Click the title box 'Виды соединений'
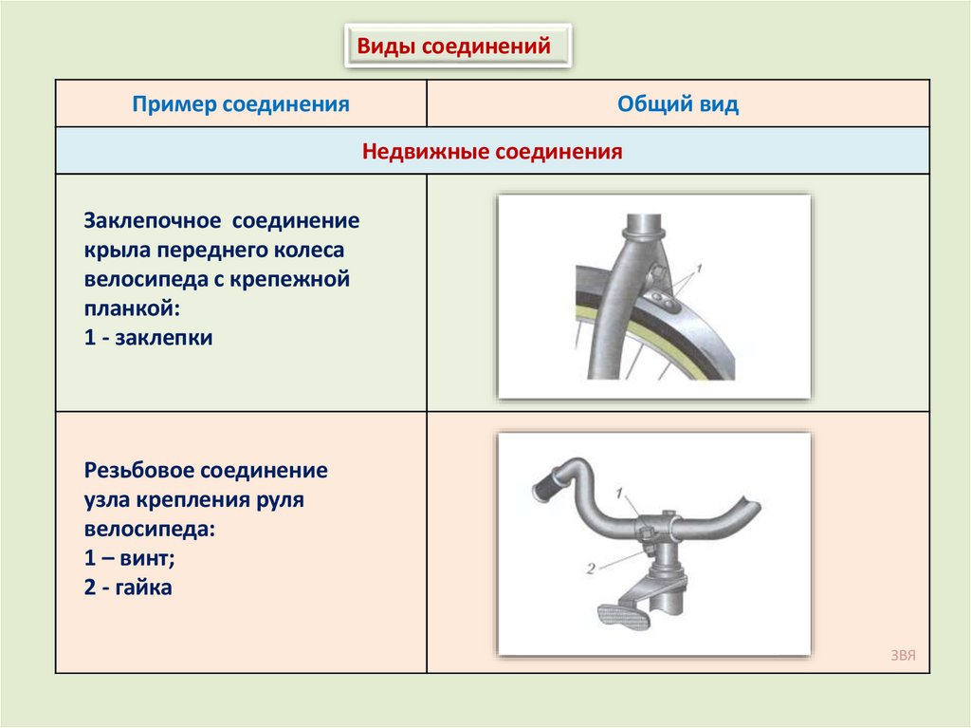tap(457, 46)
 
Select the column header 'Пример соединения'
tap(241, 103)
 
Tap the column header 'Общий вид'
tap(678, 103)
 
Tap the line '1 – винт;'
tap(129, 558)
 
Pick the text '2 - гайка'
tap(128, 588)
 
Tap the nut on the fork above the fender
tap(654, 275)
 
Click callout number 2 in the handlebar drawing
tap(589, 569)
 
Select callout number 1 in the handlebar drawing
tap(618, 493)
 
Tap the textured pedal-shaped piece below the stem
tap(627, 616)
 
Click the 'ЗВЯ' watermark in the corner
tap(903, 655)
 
